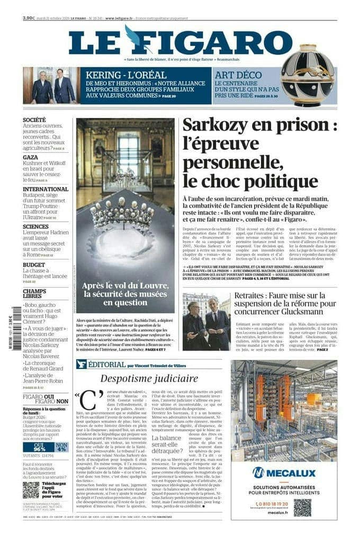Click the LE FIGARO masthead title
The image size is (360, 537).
tap(180, 42)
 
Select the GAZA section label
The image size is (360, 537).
tap(30, 157)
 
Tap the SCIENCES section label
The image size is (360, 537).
tap(35, 226)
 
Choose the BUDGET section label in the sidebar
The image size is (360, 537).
tap(34, 264)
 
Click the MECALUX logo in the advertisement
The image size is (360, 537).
tap(283, 472)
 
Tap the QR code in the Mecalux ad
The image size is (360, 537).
tap(302, 507)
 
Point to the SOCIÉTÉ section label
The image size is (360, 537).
tap(34, 120)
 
